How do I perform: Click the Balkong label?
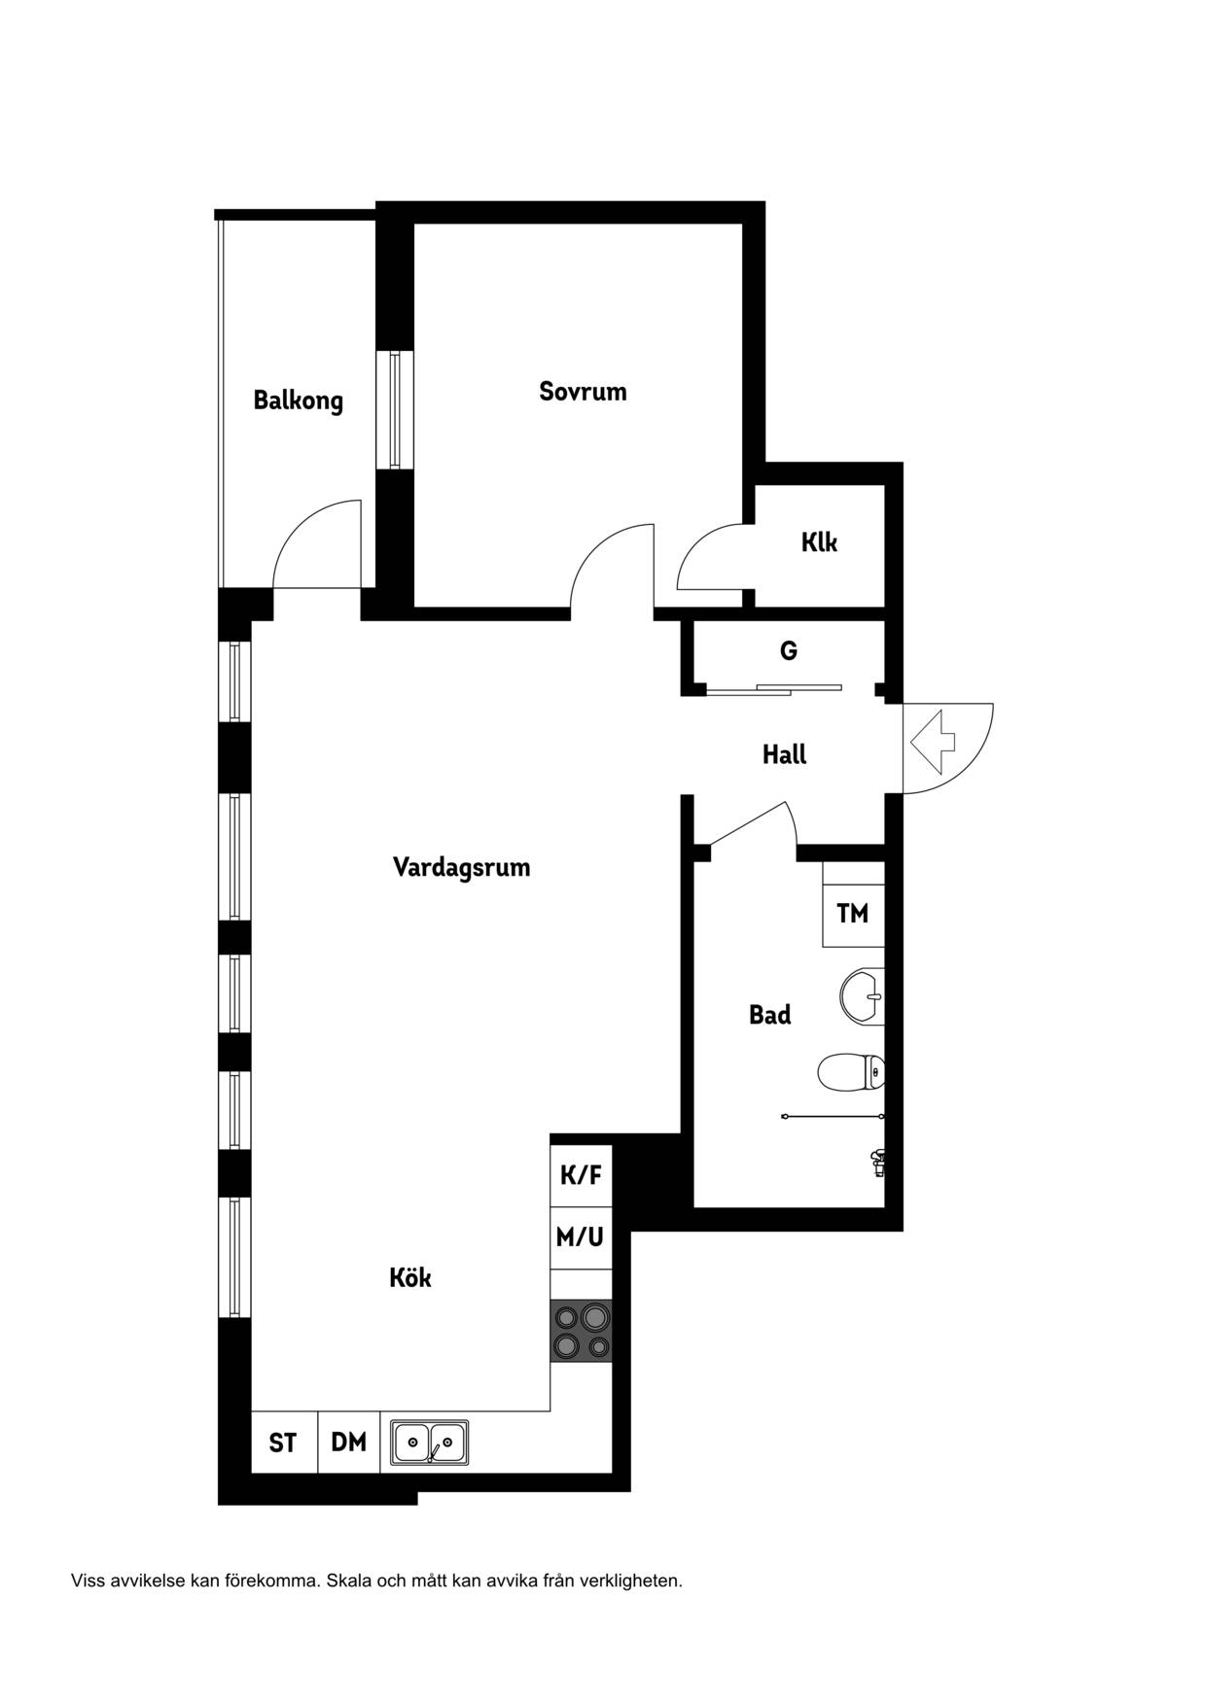298,400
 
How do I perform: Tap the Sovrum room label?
583,392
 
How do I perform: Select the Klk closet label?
819,542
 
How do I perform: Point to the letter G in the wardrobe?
789,650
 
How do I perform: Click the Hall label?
784,754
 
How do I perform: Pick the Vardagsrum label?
461,867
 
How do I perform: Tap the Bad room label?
769,1015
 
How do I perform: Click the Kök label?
409,1277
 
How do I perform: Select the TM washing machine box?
853,915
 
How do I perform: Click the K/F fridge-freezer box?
581,1175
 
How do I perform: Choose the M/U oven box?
581,1237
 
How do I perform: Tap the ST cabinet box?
283,1442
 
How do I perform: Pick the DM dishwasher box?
349,1442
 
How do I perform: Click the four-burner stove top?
582,1331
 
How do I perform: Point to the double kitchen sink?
429,1442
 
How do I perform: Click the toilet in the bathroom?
851,1073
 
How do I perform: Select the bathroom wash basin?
862,996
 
